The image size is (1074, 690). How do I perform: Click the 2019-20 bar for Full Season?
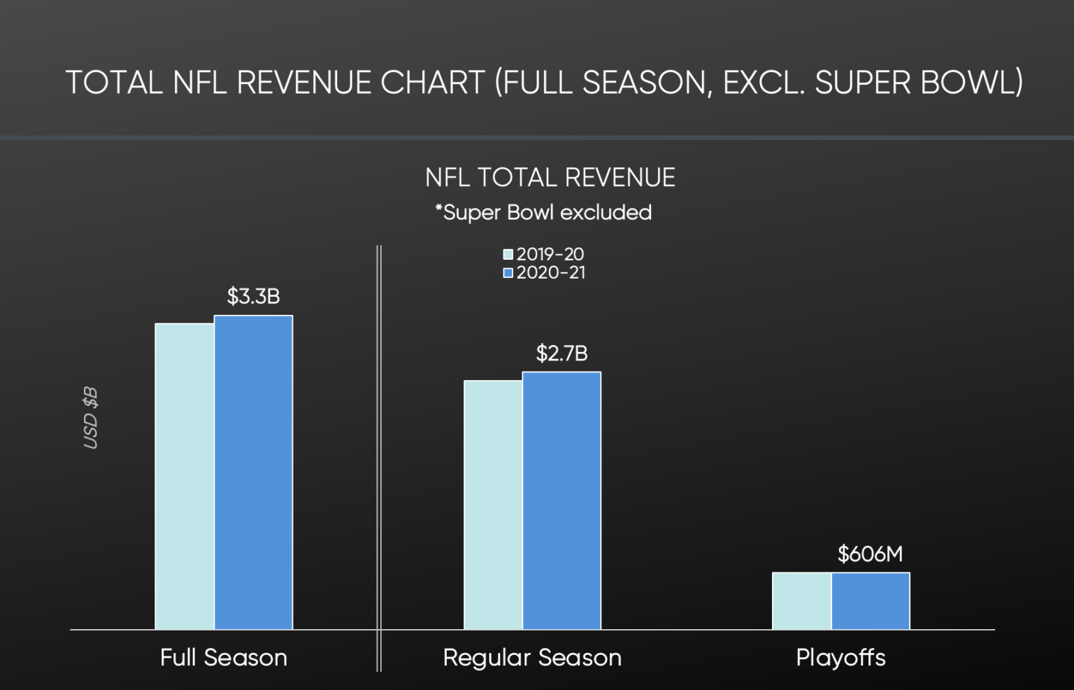pyautogui.click(x=185, y=476)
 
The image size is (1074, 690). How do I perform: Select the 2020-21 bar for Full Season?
pyautogui.click(x=253, y=472)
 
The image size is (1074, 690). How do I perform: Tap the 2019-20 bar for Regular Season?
pyautogui.click(x=493, y=505)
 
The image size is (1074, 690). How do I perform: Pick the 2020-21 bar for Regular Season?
pyautogui.click(x=561, y=500)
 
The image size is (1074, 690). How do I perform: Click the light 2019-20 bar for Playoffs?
pyautogui.click(x=801, y=600)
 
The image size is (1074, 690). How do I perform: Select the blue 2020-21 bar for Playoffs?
pyautogui.click(x=871, y=600)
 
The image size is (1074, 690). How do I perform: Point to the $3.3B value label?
pyautogui.click(x=253, y=297)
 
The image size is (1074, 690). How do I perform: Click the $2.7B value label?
pyautogui.click(x=561, y=353)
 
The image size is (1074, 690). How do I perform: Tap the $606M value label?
pyautogui.click(x=870, y=554)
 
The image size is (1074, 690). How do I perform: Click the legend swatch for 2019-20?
pyautogui.click(x=508, y=255)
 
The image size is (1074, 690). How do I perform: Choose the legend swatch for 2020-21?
pyautogui.click(x=508, y=273)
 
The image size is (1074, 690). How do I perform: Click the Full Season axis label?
pyautogui.click(x=223, y=658)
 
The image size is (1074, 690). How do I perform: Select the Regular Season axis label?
pyautogui.click(x=532, y=658)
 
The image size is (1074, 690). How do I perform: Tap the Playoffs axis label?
pyautogui.click(x=840, y=658)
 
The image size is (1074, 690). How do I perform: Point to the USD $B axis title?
pyautogui.click(x=91, y=417)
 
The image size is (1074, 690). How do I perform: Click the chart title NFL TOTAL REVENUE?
pyautogui.click(x=550, y=178)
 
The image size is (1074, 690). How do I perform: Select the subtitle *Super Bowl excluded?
pyautogui.click(x=543, y=213)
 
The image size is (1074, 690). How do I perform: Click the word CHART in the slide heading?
pyautogui.click(x=432, y=83)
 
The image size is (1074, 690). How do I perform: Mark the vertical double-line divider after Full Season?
pyautogui.click(x=379, y=455)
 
